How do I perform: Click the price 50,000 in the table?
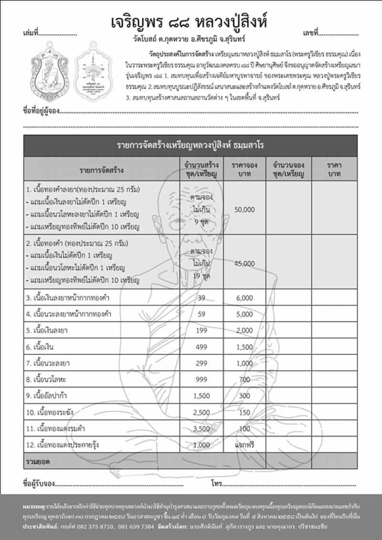pyautogui.click(x=245, y=210)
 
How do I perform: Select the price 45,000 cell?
pyautogui.click(x=245, y=263)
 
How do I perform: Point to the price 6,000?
pyautogui.click(x=244, y=298)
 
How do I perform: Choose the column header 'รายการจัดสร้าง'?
pyautogui.click(x=102, y=169)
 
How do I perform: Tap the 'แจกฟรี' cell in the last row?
pyautogui.click(x=245, y=445)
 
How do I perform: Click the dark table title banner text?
pyautogui.click(x=191, y=145)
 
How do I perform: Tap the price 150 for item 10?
pyautogui.click(x=244, y=412)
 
